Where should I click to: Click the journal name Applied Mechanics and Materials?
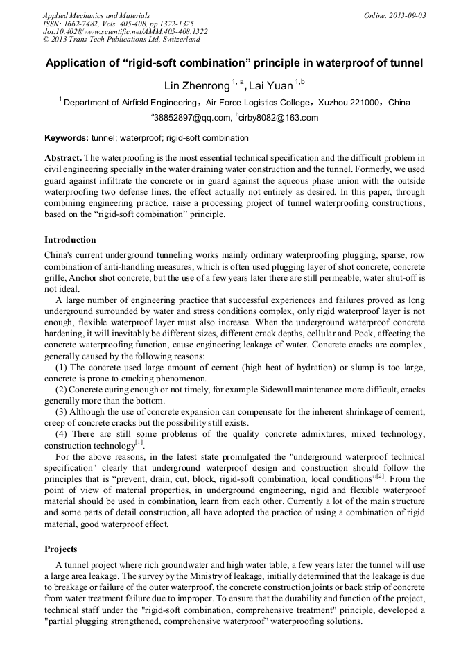point(96,15)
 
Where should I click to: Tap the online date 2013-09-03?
point(408,15)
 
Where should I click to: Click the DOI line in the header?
point(125,32)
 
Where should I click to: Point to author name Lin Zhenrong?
point(196,86)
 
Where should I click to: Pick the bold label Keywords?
point(66,138)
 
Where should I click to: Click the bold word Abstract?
point(63,158)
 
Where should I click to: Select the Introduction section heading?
point(70,240)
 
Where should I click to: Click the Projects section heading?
point(61,549)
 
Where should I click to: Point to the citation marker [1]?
point(139,442)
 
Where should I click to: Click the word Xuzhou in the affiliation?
point(332,103)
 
